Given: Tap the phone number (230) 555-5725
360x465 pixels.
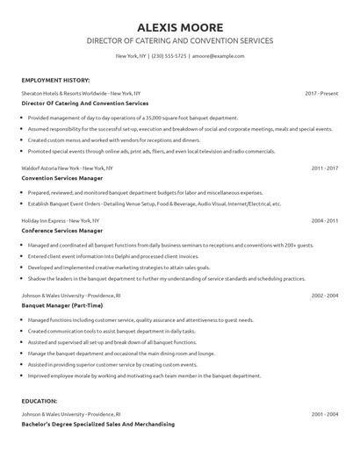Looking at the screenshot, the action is (x=169, y=56).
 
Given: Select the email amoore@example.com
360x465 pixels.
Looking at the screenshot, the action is (x=218, y=56).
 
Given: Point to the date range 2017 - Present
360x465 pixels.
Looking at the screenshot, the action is (x=321, y=92).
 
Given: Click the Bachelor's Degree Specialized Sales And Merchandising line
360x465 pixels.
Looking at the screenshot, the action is (x=97, y=424).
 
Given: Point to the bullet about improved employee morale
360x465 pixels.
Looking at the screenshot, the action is (x=144, y=375).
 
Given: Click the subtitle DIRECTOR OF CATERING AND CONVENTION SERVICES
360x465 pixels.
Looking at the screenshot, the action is (x=180, y=40).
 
